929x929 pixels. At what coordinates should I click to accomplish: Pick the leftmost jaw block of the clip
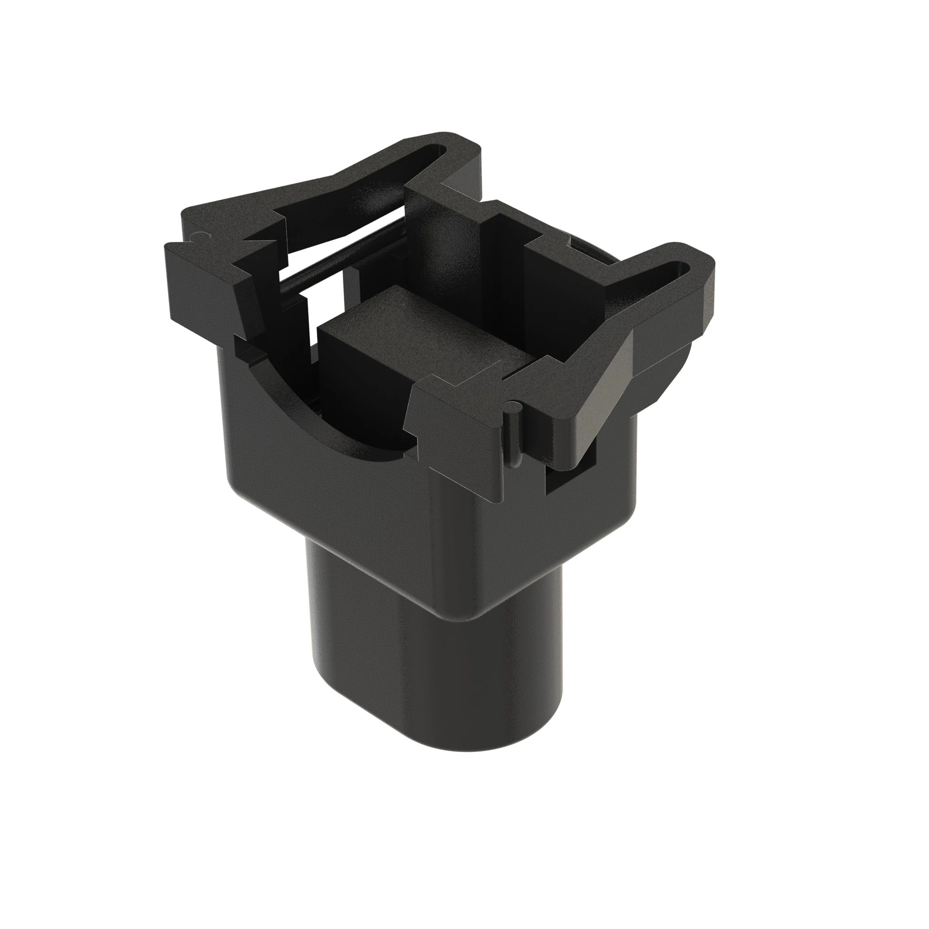207,279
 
